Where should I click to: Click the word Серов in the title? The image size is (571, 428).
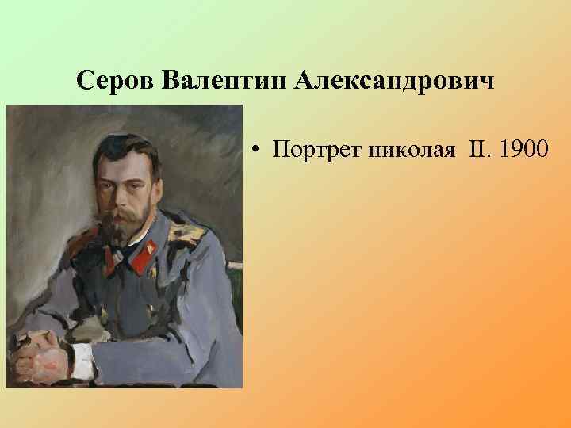(117, 82)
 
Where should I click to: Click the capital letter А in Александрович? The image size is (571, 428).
(304, 82)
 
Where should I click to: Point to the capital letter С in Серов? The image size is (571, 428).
(86, 82)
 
